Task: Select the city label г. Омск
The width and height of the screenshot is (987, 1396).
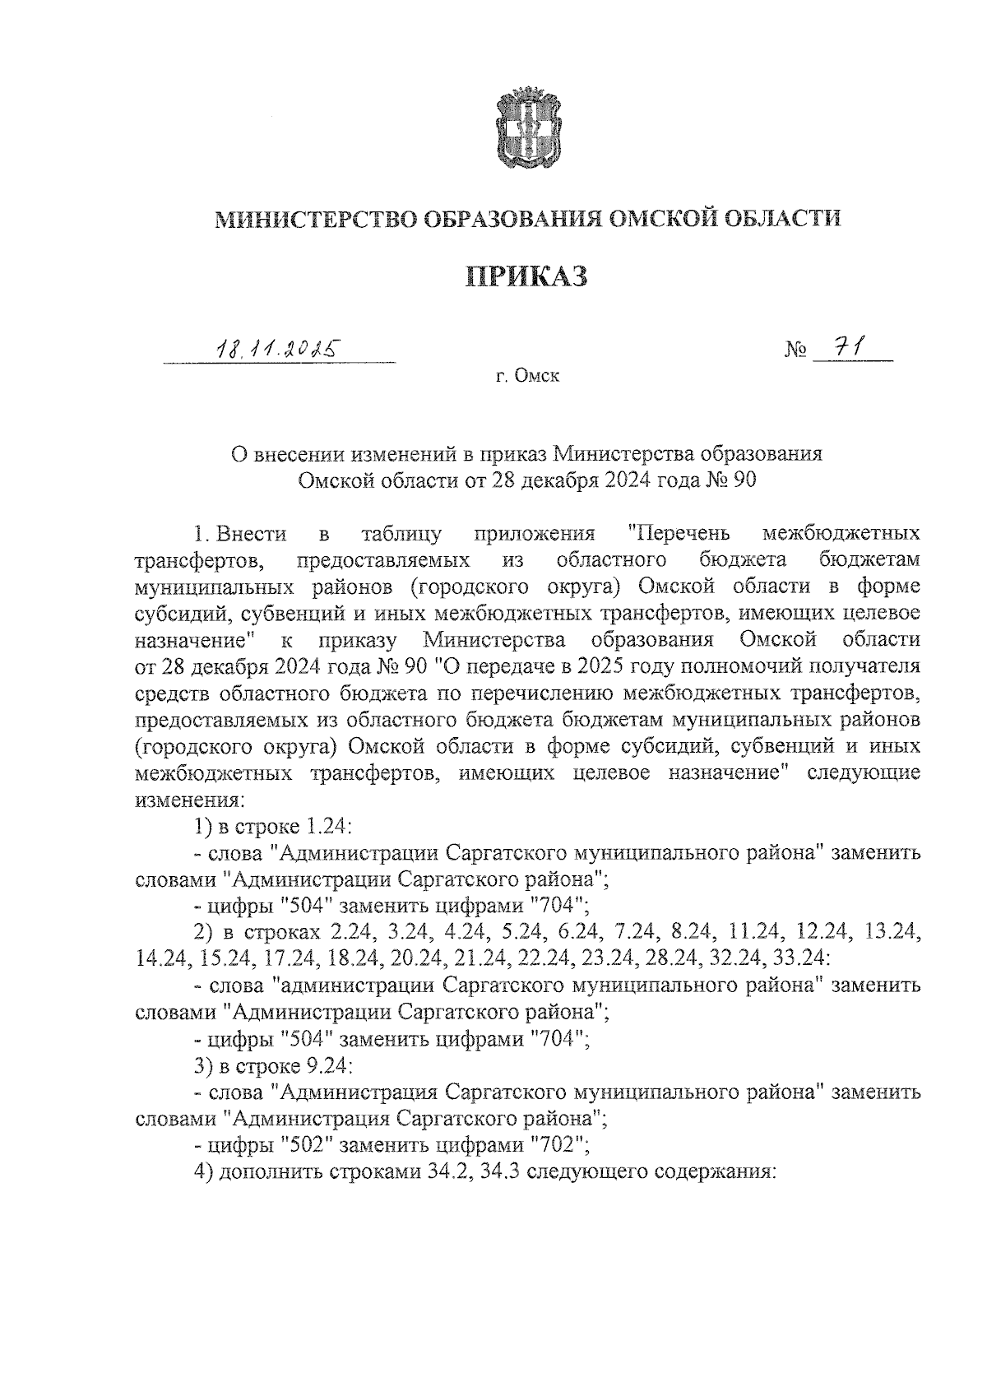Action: pyautogui.click(x=527, y=377)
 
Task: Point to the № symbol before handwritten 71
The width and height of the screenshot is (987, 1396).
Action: pyautogui.click(x=796, y=350)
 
